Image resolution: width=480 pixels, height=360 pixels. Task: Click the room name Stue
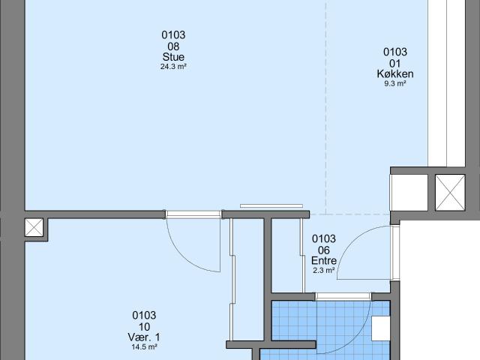(x=173, y=57)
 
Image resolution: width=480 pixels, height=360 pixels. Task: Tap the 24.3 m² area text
(x=173, y=67)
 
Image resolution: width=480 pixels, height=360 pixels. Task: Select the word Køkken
(x=395, y=73)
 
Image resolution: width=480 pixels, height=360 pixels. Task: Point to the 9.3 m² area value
(x=395, y=83)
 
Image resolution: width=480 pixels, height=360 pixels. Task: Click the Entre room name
(x=324, y=260)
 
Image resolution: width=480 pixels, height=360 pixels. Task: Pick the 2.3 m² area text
(x=323, y=270)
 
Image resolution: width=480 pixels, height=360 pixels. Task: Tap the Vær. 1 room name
(x=144, y=337)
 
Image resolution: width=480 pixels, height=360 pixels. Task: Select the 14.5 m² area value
(x=144, y=346)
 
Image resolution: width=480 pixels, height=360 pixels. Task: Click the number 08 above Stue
(x=173, y=46)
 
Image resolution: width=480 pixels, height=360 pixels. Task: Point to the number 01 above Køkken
(x=395, y=63)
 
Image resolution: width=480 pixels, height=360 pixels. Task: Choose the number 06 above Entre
(x=324, y=250)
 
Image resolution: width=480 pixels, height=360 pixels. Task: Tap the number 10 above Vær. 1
(x=144, y=327)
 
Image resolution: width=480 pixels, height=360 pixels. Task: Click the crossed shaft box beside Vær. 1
(x=34, y=227)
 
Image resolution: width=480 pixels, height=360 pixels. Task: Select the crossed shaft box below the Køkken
(x=450, y=193)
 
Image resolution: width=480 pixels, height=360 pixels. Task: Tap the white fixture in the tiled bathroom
(x=381, y=328)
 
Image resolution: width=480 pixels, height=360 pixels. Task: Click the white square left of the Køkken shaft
(x=409, y=193)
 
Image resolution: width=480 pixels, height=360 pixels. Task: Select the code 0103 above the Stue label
(x=173, y=35)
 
